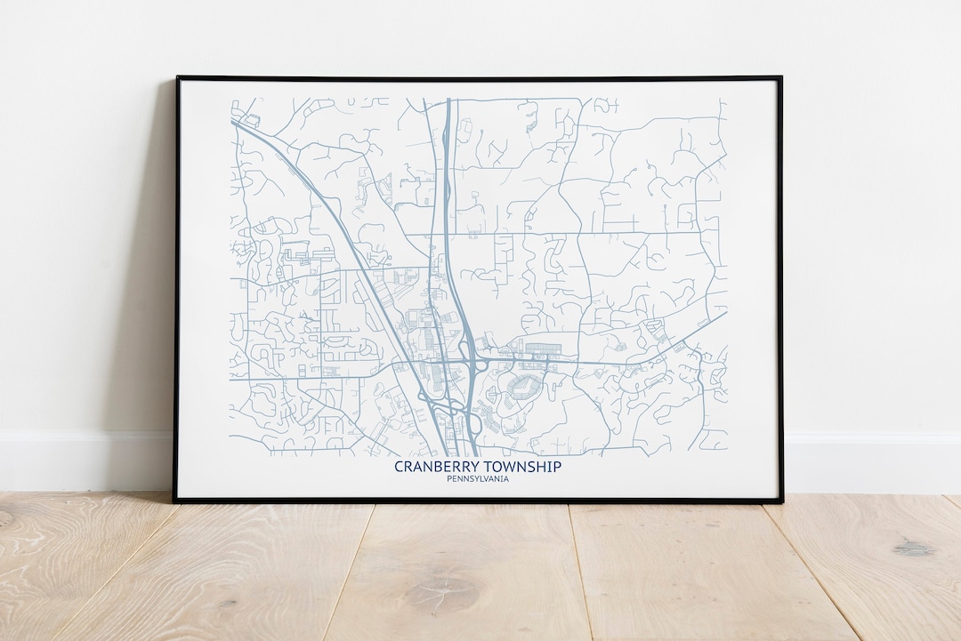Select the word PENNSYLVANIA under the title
point(478,480)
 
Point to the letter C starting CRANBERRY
point(399,467)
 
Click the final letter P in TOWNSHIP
point(557,467)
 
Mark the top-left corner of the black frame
point(177,78)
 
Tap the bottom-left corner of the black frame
point(175,501)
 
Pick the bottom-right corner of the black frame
point(781,503)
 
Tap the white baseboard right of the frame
point(872,463)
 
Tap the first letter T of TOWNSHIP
point(484,467)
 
